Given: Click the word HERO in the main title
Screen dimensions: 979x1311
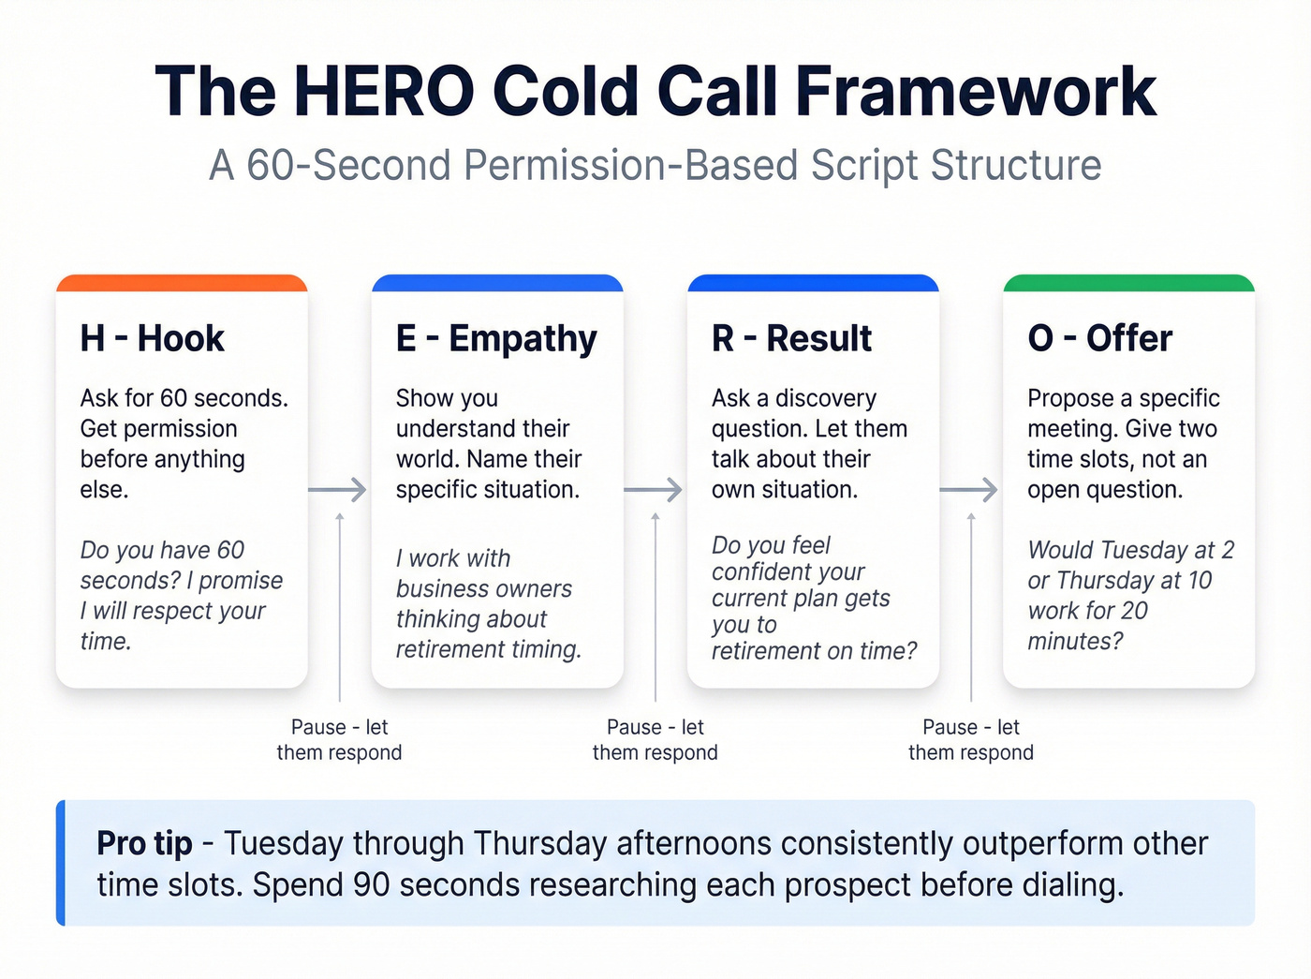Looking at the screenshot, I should (384, 92).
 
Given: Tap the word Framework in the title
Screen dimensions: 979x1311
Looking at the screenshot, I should (976, 92).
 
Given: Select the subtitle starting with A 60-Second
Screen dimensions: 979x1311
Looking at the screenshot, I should (655, 166).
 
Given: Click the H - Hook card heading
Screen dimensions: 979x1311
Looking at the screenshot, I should (152, 338).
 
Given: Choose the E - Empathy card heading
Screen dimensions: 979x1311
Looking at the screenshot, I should (495, 338).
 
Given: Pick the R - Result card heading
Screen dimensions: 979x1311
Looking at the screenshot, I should (791, 338).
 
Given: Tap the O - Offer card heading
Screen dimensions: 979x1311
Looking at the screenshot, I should (1099, 338).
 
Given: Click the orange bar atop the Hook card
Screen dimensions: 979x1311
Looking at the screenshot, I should (182, 283).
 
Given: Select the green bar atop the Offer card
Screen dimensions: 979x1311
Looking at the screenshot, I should (1128, 283).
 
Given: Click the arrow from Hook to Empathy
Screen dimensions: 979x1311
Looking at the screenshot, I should (338, 489).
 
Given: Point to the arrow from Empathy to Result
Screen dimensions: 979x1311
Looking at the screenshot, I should (654, 489).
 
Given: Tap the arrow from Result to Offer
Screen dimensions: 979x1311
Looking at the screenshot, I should (969, 489).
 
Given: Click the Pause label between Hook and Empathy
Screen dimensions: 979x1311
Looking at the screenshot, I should (339, 739).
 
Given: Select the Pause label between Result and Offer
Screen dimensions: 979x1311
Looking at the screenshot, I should (970, 739).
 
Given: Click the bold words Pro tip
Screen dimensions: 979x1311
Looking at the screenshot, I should (144, 843).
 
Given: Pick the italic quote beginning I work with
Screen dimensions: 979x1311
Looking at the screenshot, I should (488, 603).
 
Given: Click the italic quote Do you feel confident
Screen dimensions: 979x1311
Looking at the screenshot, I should (813, 598).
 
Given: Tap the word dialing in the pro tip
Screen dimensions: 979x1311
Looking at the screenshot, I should (1071, 884).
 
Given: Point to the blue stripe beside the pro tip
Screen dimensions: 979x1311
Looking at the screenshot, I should (61, 863).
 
